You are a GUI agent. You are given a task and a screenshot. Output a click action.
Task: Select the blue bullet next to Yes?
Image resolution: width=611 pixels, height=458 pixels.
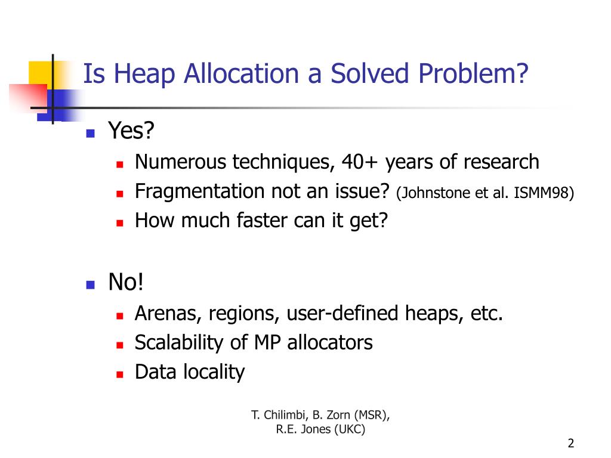90,134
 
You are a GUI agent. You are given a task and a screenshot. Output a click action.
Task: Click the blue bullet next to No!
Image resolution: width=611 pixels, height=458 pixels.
90,284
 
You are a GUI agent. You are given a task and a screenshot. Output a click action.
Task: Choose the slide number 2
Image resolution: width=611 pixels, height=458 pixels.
571,443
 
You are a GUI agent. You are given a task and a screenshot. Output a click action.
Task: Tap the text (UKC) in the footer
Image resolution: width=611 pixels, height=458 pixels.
350,429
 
